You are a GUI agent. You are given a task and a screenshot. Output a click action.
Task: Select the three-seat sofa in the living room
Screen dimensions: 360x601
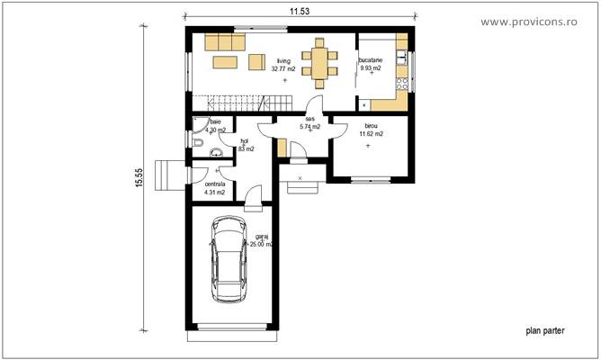224,42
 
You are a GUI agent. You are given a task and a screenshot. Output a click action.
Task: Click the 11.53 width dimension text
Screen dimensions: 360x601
301,10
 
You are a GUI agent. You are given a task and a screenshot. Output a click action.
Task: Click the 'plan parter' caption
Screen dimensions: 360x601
545,331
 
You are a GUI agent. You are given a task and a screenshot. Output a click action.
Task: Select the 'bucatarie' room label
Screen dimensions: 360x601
372,59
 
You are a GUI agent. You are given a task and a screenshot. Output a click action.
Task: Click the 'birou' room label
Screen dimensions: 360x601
371,126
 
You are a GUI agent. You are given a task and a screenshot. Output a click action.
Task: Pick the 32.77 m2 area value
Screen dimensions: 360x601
284,68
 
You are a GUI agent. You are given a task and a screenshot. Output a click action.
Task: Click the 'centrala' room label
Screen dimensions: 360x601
214,184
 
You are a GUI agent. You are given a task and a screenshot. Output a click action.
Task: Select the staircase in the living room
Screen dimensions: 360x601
229,103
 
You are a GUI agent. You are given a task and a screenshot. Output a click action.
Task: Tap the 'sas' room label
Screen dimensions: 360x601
309,119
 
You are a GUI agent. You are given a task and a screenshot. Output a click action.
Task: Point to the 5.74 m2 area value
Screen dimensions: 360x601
309,127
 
